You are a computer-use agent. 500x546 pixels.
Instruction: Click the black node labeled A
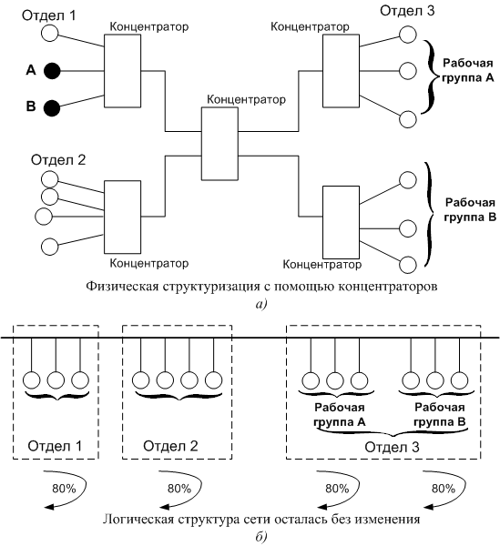[x=52, y=71]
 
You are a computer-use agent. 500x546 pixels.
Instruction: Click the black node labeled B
[x=52, y=108]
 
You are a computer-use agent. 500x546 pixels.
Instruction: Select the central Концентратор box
[x=219, y=144]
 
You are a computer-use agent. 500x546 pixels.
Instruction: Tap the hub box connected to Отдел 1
[x=122, y=71]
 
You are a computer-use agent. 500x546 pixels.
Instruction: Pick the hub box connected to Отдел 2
[x=122, y=217]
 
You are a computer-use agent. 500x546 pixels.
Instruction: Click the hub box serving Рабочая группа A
[x=341, y=71]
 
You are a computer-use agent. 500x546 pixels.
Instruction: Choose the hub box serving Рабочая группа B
[x=341, y=223]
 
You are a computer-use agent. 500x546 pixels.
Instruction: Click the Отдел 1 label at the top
[x=49, y=15]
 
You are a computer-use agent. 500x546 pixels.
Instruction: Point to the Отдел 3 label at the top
[x=407, y=11]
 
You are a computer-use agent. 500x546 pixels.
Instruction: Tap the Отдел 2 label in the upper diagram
[x=58, y=160]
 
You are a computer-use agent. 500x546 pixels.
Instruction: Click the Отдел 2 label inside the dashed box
[x=170, y=446]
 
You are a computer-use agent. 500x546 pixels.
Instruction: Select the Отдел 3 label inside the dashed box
[x=392, y=447]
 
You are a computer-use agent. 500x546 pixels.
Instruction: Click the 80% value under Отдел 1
[x=64, y=489]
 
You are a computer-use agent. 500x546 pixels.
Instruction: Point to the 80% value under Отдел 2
[x=179, y=489]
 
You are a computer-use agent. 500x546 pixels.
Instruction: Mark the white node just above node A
[x=50, y=34]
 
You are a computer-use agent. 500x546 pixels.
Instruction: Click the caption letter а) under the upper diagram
[x=261, y=304]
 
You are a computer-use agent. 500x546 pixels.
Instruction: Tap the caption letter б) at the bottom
[x=261, y=537]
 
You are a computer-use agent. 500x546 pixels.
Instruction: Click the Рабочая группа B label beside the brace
[x=470, y=209]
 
